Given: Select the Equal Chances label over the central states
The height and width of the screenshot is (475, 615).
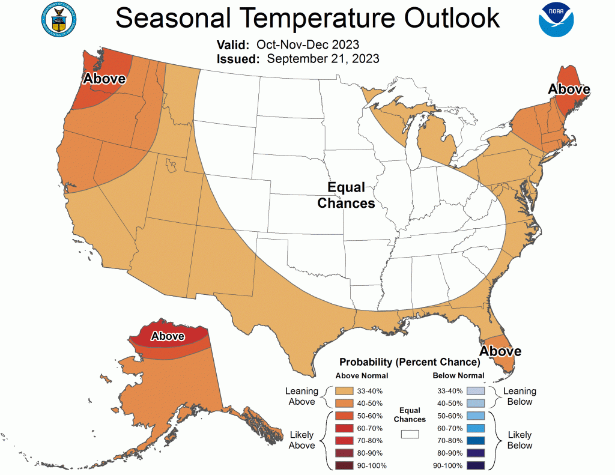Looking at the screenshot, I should point(346,196).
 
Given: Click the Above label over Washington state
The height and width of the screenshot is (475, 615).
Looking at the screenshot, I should point(104,79).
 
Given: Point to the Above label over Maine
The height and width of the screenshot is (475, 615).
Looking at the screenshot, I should point(569,89).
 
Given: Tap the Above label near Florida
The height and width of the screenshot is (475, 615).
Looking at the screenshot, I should point(500,351).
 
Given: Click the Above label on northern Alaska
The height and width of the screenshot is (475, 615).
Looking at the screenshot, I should point(168,336).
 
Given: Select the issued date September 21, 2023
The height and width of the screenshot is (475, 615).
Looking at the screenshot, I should point(323,59).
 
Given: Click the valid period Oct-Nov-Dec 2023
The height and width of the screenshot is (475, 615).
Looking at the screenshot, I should point(307,45).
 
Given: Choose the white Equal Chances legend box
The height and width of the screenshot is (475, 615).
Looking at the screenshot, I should point(410,433).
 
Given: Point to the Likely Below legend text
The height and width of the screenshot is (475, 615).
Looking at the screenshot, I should point(520,440).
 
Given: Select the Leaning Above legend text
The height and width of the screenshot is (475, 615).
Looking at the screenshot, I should point(301,396).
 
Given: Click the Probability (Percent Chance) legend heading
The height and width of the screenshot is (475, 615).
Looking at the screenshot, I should point(410,362).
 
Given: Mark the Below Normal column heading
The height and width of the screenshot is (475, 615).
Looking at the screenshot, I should point(459,376).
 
